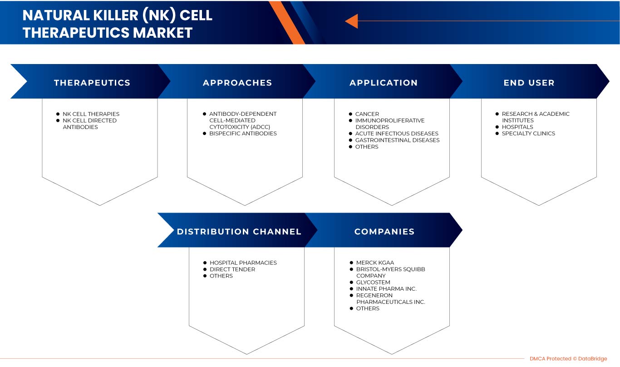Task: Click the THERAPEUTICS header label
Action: pyautogui.click(x=92, y=83)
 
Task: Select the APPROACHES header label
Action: pyautogui.click(x=237, y=83)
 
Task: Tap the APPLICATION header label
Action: pyautogui.click(x=384, y=83)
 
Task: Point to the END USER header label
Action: pyautogui.click(x=529, y=83)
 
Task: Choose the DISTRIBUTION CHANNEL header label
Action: pyautogui.click(x=239, y=232)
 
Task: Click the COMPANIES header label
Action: pyautogui.click(x=384, y=232)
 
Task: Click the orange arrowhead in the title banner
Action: pyautogui.click(x=351, y=21)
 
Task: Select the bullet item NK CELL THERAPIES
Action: pyautogui.click(x=91, y=114)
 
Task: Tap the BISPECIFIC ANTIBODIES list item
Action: pyautogui.click(x=243, y=134)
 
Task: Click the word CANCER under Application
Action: pyautogui.click(x=367, y=114)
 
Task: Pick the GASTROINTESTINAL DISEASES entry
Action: pyautogui.click(x=397, y=140)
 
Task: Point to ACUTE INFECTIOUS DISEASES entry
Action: pyautogui.click(x=397, y=134)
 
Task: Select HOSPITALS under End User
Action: pyautogui.click(x=517, y=127)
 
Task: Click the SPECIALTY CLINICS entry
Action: pyautogui.click(x=528, y=134)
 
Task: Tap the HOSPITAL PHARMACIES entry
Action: pyautogui.click(x=243, y=263)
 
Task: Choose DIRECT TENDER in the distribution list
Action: pyautogui.click(x=232, y=269)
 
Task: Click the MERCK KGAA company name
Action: pyautogui.click(x=375, y=263)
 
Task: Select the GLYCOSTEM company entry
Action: pyautogui.click(x=373, y=282)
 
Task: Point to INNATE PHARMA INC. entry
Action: pyautogui.click(x=386, y=289)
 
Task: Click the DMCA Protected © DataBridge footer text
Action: pyautogui.click(x=568, y=359)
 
